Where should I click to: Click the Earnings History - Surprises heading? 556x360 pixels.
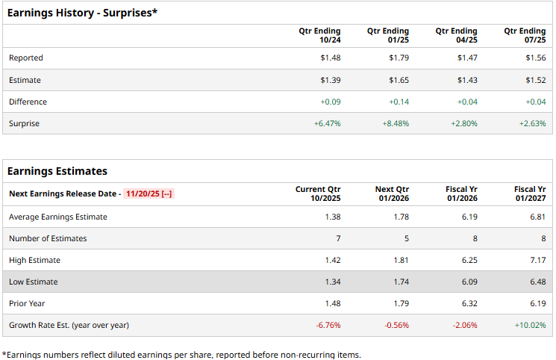pyautogui.click(x=82, y=13)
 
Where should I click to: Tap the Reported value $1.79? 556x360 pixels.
pyautogui.click(x=399, y=58)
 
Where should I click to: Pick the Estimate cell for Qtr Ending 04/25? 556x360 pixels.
pyautogui.click(x=467, y=80)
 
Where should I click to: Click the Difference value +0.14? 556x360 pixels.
pyautogui.click(x=399, y=102)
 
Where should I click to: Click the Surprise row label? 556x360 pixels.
pyautogui.click(x=24, y=123)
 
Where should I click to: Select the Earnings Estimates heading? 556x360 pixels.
pyautogui.click(x=57, y=171)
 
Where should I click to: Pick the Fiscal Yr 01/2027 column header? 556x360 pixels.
pyautogui.click(x=530, y=194)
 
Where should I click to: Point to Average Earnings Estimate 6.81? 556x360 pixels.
pyautogui.click(x=537, y=217)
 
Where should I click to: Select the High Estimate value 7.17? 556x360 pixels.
pyautogui.click(x=537, y=260)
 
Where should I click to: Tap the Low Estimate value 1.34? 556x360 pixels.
pyautogui.click(x=332, y=282)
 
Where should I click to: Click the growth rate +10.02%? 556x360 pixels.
pyautogui.click(x=530, y=325)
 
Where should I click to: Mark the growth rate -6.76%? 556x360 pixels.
pyautogui.click(x=328, y=325)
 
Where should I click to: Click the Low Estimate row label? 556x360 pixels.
pyautogui.click(x=33, y=282)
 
